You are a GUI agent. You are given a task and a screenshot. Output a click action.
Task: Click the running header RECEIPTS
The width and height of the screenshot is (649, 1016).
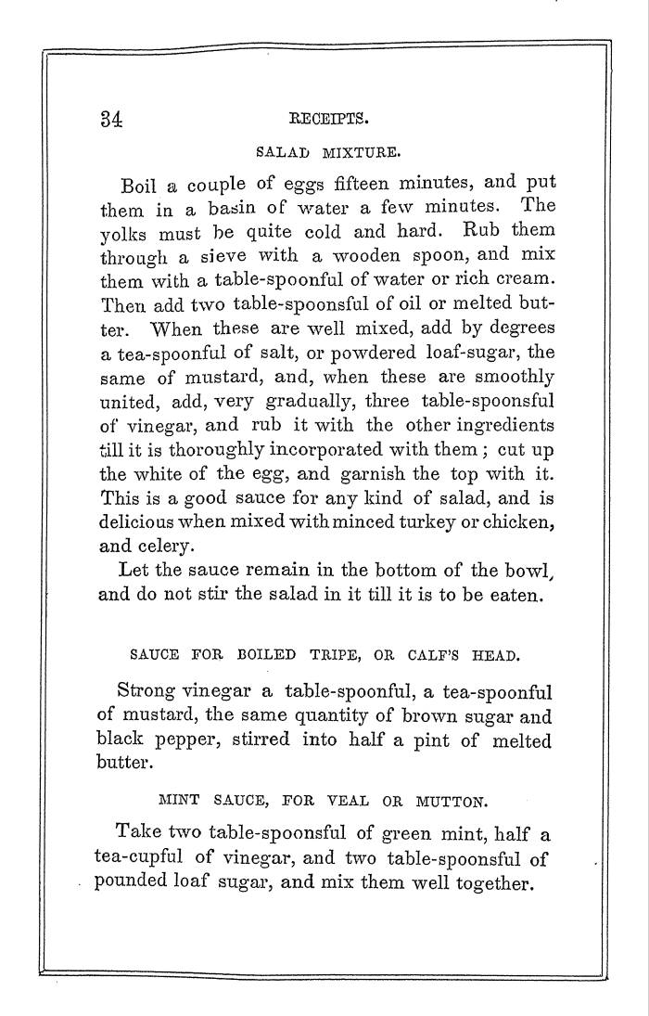pos(317,119)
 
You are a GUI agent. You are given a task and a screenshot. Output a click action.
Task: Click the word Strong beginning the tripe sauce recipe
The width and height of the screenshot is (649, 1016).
pos(144,692)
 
